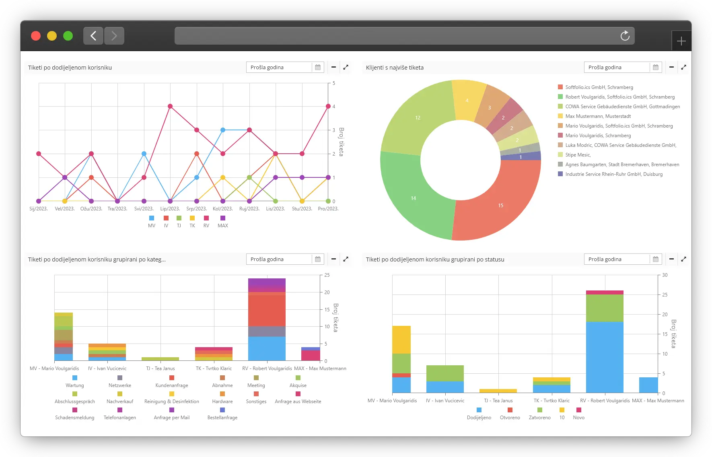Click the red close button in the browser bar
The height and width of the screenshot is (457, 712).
point(36,36)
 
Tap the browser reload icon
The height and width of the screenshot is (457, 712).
point(625,36)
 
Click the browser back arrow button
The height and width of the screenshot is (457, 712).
point(93,36)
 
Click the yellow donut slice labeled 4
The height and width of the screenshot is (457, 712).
point(467,100)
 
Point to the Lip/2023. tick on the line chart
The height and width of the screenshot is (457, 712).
point(170,209)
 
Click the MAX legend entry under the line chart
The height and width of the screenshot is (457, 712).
point(223,222)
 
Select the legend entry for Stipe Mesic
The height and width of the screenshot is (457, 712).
point(578,155)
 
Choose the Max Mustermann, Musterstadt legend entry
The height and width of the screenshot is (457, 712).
point(598,116)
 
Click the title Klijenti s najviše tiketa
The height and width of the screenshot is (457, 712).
point(395,68)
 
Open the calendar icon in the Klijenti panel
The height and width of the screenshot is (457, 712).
point(656,68)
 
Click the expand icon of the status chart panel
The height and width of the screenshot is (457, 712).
point(683,259)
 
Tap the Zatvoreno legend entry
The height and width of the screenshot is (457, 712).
point(539,414)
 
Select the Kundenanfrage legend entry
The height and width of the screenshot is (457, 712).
point(172,382)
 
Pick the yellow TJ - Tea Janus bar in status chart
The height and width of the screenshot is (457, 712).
point(498,391)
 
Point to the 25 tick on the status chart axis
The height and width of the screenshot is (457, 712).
point(665,295)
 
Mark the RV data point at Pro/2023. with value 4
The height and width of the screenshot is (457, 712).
point(328,106)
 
